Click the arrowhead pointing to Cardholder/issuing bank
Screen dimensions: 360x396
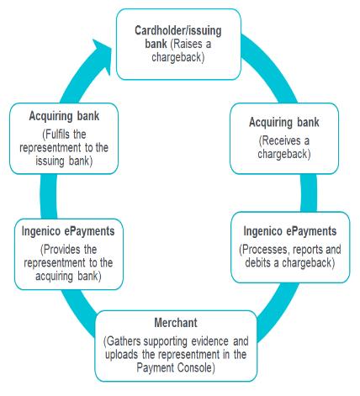(x=103, y=54)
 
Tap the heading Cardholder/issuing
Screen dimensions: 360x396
(x=178, y=30)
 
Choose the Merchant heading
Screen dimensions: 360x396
(x=176, y=323)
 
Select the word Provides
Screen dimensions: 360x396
(x=61, y=250)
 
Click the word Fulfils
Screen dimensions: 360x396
(x=57, y=135)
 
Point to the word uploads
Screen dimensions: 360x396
(x=122, y=355)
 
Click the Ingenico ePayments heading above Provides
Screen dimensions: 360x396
(x=68, y=231)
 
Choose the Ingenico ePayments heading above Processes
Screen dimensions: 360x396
(x=290, y=231)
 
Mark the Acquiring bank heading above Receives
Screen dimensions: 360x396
(x=284, y=123)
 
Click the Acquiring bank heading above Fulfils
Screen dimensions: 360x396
(x=64, y=116)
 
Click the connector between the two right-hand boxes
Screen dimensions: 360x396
(x=309, y=193)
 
